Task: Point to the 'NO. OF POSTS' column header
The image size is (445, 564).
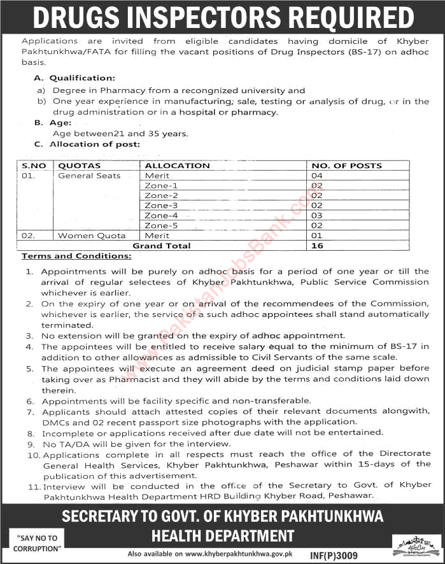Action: tap(346, 166)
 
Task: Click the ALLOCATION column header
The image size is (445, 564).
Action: tap(177, 166)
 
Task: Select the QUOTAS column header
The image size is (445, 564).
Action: tap(79, 166)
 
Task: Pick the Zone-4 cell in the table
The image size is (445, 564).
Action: tap(161, 216)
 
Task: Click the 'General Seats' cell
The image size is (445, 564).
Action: tap(89, 176)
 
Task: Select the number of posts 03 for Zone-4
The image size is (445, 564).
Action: tap(317, 216)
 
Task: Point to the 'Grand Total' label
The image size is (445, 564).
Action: tap(161, 246)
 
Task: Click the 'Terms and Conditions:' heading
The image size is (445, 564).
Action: tap(76, 256)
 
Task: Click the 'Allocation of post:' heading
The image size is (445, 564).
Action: tap(94, 145)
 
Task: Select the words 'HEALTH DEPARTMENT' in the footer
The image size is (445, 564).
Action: tap(222, 536)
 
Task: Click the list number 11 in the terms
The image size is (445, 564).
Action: tap(32, 485)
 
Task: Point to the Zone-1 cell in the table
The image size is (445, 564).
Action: tap(161, 186)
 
